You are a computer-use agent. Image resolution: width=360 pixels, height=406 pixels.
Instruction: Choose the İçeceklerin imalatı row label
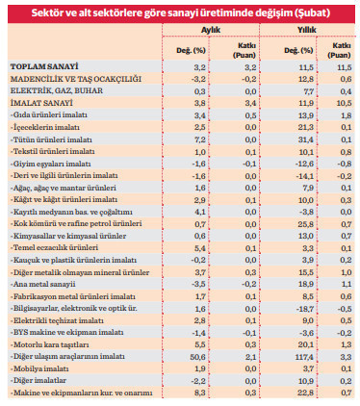pos(45,126)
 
